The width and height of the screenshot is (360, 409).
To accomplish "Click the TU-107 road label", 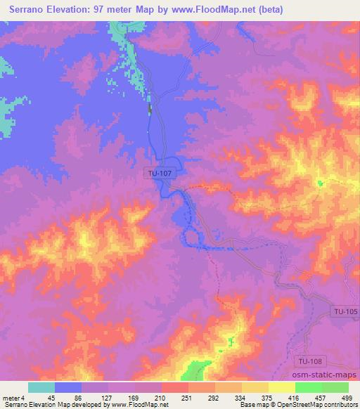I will click(158, 171).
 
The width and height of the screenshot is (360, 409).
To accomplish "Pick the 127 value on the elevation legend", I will click(108, 398).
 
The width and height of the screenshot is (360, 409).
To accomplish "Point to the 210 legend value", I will click(161, 398).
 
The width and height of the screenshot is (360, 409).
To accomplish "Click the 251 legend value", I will click(188, 398).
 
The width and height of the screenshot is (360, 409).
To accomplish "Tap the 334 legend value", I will click(240, 398).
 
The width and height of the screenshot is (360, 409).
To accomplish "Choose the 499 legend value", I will click(347, 398).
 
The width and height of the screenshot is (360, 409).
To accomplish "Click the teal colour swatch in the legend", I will click(41, 387).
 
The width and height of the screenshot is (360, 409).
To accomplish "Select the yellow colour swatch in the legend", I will click(282, 387).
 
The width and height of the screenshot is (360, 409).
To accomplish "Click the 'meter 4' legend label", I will click(13, 398).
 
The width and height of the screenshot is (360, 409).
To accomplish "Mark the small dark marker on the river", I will click(150, 110).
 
